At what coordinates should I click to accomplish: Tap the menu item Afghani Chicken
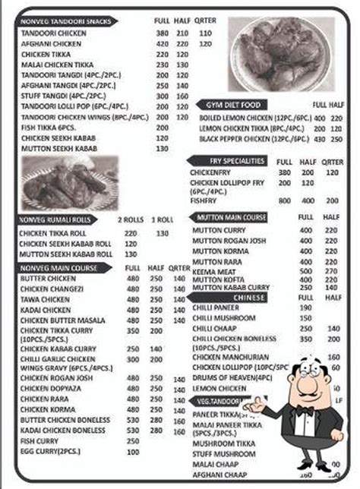point(47,44)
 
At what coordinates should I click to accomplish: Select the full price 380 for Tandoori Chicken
point(162,34)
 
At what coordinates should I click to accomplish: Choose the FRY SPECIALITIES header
point(237,161)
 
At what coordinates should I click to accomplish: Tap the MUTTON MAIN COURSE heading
point(231,218)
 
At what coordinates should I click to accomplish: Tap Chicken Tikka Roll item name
point(52,233)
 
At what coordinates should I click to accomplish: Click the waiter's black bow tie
point(305,411)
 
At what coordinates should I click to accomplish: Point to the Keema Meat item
point(216,270)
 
